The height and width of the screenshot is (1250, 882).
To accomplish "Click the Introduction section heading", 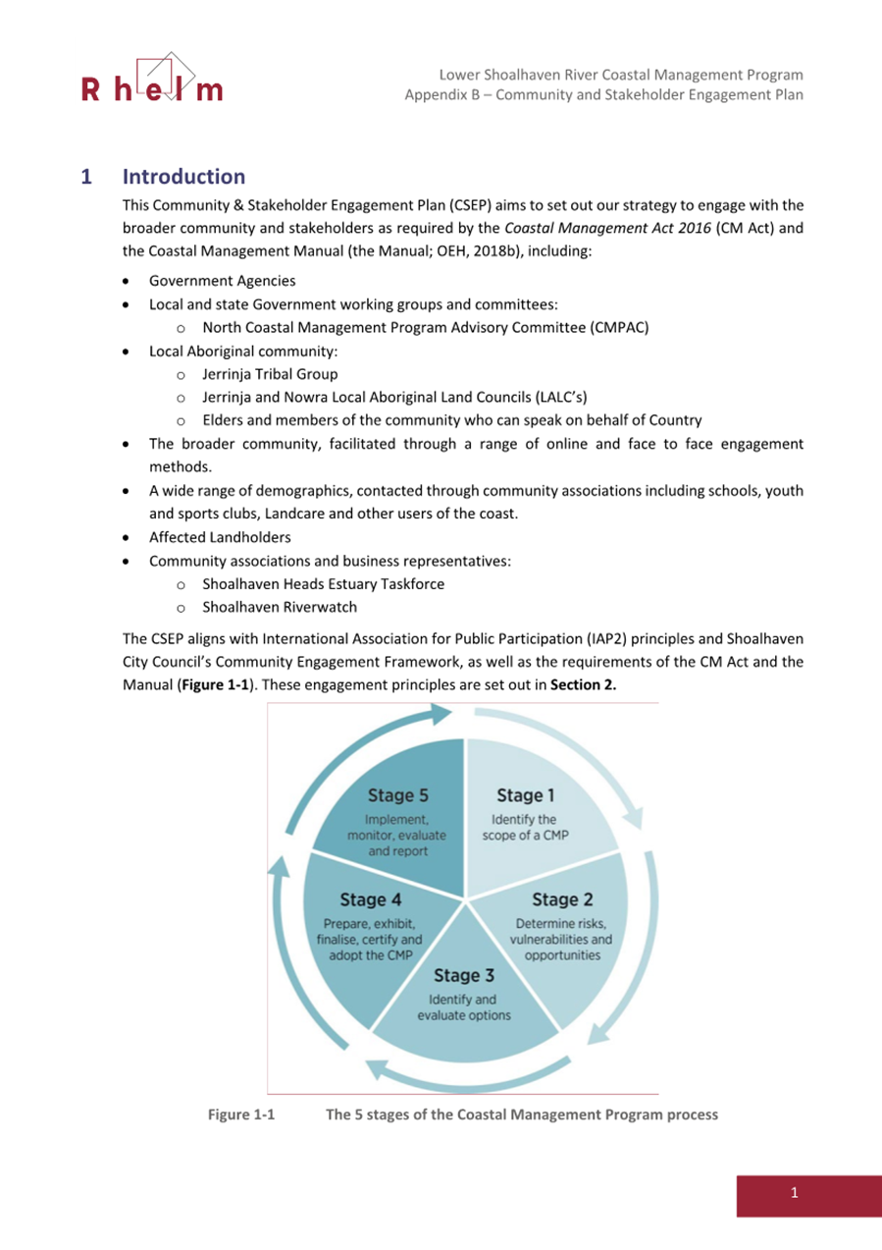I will point(183,177).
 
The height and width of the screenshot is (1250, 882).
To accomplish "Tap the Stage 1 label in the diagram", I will point(526,795).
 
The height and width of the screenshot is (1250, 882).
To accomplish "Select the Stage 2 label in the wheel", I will point(562,899).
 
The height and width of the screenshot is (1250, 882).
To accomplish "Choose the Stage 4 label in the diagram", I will point(370,899).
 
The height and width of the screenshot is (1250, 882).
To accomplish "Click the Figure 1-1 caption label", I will point(242,1114).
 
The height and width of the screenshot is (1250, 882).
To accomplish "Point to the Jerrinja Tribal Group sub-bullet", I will point(270,374).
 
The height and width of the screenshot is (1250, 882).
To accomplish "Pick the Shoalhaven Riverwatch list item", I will point(280,607).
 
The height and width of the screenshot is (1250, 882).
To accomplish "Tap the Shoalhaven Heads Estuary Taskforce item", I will point(323,584).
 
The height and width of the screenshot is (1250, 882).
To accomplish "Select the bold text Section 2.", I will point(584,685).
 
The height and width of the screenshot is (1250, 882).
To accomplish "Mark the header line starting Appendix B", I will point(604,95).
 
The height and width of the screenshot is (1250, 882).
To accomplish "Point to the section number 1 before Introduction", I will point(86,178).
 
